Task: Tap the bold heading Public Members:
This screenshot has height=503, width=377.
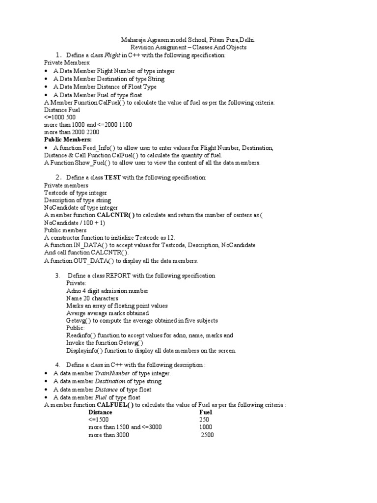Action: (64, 140)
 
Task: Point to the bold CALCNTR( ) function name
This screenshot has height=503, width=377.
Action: (116, 215)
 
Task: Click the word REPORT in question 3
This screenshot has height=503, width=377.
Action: (127, 276)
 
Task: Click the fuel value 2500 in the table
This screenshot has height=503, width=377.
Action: (207, 435)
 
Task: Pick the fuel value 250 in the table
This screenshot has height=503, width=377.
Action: (204, 419)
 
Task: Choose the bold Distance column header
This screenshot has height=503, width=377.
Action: (100, 412)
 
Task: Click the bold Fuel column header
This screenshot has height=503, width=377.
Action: (206, 412)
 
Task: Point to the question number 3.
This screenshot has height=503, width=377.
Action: (57, 276)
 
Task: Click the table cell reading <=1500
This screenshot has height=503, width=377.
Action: (99, 419)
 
